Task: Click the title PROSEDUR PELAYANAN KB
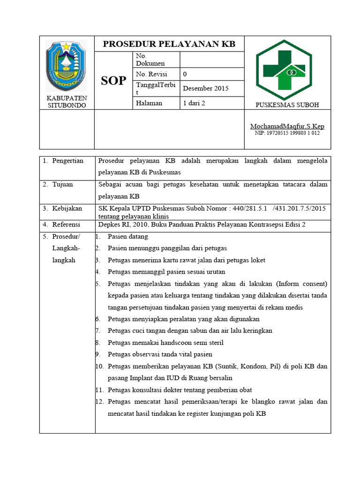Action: [169, 44]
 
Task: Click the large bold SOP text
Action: [113, 81]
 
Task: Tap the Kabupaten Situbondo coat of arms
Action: [66, 66]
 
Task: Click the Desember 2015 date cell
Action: [205, 88]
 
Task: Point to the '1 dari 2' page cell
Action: [194, 103]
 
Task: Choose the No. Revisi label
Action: [151, 74]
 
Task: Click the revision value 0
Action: [185, 74]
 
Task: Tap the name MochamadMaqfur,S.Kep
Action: [287, 126]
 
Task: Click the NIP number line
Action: [287, 133]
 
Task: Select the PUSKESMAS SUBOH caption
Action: [287, 105]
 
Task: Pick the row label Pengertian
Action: [67, 161]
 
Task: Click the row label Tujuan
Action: [62, 184]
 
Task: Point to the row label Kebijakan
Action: [67, 208]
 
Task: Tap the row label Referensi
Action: [66, 225]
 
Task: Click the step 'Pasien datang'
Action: [127, 237]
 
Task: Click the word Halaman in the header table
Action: [149, 103]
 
